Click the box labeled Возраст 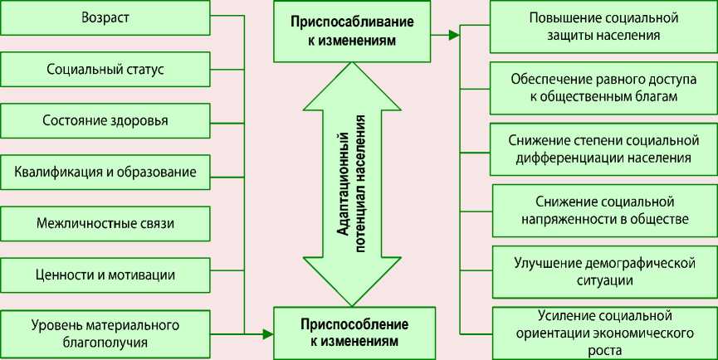click(x=105, y=17)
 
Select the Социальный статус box click(x=105, y=69)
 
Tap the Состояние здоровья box click(x=105, y=120)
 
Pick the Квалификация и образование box click(x=105, y=172)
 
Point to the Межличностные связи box click(x=105, y=223)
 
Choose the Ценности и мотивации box click(x=105, y=275)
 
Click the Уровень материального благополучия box click(x=105, y=332)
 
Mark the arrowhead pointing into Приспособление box click(x=267, y=334)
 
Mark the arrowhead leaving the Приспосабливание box click(x=454, y=36)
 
